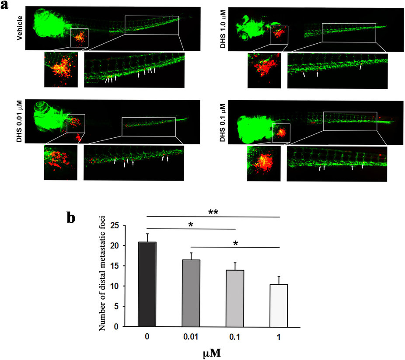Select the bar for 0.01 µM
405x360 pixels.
(191, 293)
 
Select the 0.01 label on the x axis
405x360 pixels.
(191, 338)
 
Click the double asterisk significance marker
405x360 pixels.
(213, 211)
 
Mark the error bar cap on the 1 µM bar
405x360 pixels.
(279, 276)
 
